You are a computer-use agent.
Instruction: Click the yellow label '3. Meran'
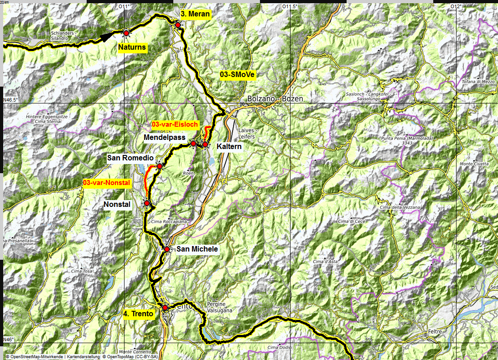195,14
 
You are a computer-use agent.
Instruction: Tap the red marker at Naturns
126,32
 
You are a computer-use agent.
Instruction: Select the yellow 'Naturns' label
132,47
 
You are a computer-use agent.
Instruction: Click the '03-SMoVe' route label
238,74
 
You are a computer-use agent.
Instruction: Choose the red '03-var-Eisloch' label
175,124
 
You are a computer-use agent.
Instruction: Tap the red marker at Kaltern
205,144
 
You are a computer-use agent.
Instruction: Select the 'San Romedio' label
130,158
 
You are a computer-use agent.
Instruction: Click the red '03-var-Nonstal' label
107,183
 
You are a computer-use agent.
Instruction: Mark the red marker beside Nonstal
147,203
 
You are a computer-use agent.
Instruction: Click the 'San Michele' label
197,249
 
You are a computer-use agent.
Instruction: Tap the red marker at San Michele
167,249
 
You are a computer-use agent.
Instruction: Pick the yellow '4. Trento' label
139,314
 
